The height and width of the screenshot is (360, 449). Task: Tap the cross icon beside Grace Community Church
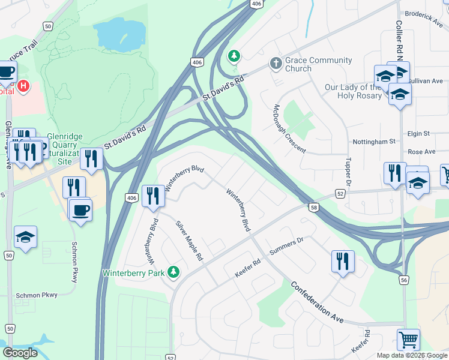(276, 62)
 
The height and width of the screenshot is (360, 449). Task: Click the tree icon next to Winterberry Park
(173, 272)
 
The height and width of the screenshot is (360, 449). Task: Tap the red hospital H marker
(23, 86)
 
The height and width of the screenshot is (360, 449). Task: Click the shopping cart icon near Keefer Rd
(408, 340)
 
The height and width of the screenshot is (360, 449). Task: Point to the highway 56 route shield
(404, 280)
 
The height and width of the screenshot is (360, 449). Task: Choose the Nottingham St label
(375, 142)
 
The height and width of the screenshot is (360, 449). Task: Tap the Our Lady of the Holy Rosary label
(353, 91)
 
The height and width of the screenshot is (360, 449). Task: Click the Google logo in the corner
(20, 353)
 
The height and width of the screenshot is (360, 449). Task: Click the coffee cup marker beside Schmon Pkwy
(80, 210)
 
